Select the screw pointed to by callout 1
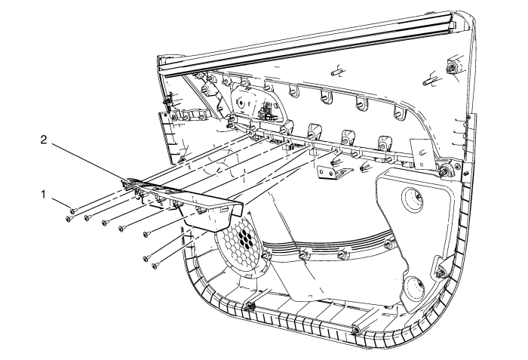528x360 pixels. (73, 210)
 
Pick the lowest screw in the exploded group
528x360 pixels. (155, 266)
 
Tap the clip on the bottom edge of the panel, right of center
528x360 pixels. (355, 330)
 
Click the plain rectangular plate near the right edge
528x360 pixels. (414, 155)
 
